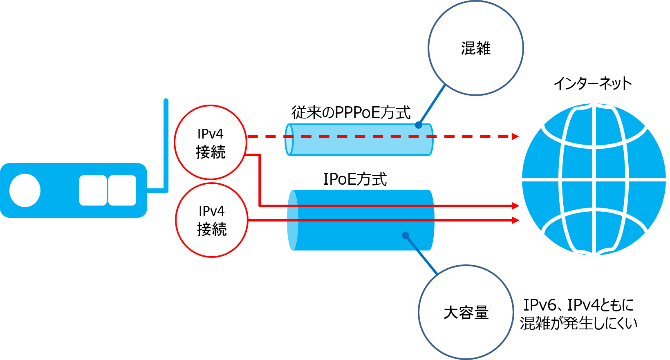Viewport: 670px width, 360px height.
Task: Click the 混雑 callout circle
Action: [x=475, y=48]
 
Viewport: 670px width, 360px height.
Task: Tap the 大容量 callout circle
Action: [x=466, y=313]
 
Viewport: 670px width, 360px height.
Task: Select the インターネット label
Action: [x=592, y=84]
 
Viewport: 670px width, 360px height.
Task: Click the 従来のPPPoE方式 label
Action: [x=351, y=113]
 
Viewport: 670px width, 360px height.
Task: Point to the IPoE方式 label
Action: [x=355, y=179]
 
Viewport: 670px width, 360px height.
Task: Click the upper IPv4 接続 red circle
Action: [x=211, y=143]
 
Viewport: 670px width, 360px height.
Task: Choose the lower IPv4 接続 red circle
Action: [x=212, y=220]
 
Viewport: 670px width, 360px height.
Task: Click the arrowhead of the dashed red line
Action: [x=515, y=136]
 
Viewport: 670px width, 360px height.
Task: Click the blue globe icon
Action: [x=594, y=179]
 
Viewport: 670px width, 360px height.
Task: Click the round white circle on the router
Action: [x=25, y=190]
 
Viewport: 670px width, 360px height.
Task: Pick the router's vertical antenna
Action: [x=166, y=143]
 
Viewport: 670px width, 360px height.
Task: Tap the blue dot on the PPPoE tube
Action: [x=418, y=125]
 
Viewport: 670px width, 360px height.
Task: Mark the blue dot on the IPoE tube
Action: [x=406, y=235]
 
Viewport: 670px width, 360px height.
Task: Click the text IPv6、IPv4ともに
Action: [x=578, y=305]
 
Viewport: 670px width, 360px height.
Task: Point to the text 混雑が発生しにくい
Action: [x=578, y=324]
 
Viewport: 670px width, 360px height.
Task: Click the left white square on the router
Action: [x=93, y=190]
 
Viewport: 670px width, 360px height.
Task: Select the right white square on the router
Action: [x=122, y=190]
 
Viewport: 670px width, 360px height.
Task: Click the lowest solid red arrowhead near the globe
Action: [x=515, y=220]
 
